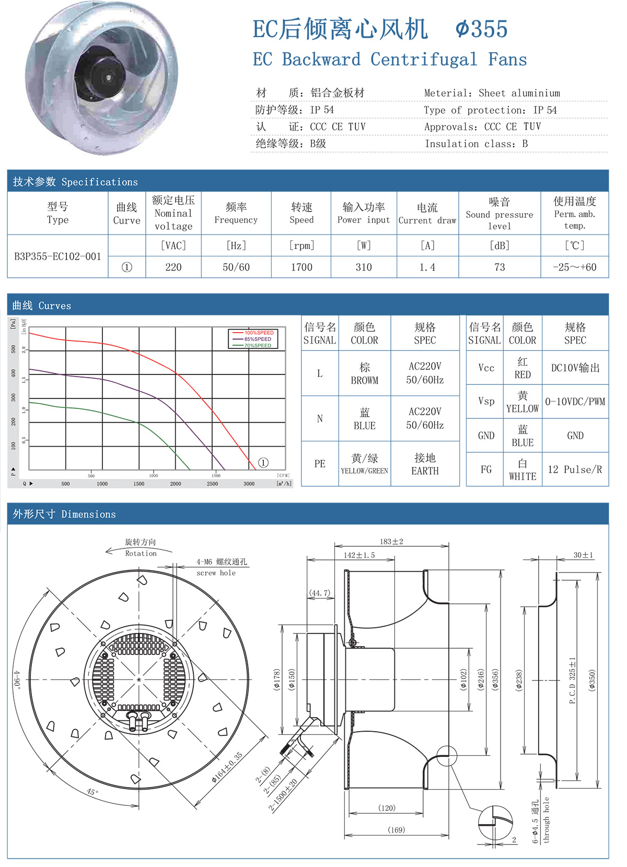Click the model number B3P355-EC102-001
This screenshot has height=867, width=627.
click(57, 256)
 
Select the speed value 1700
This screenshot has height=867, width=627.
click(301, 267)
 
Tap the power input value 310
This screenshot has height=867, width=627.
click(364, 267)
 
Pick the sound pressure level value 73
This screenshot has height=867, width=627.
click(500, 267)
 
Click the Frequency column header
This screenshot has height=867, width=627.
click(236, 213)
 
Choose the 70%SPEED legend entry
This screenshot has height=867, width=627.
click(258, 345)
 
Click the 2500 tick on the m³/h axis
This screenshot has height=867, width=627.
click(212, 484)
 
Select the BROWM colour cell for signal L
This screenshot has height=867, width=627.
click(365, 373)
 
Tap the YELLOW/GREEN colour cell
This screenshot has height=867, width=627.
click(365, 464)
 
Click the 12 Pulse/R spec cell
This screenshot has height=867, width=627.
click(575, 470)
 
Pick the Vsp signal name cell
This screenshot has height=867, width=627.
click(486, 401)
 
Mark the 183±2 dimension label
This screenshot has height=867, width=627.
click(391, 542)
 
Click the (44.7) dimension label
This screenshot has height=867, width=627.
click(320, 593)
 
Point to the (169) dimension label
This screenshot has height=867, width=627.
click(397, 830)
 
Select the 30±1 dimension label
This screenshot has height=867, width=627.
click(583, 555)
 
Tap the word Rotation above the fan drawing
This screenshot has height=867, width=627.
click(141, 554)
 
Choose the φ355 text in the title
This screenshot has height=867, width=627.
click(481, 29)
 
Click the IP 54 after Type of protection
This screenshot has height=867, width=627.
click(545, 110)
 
